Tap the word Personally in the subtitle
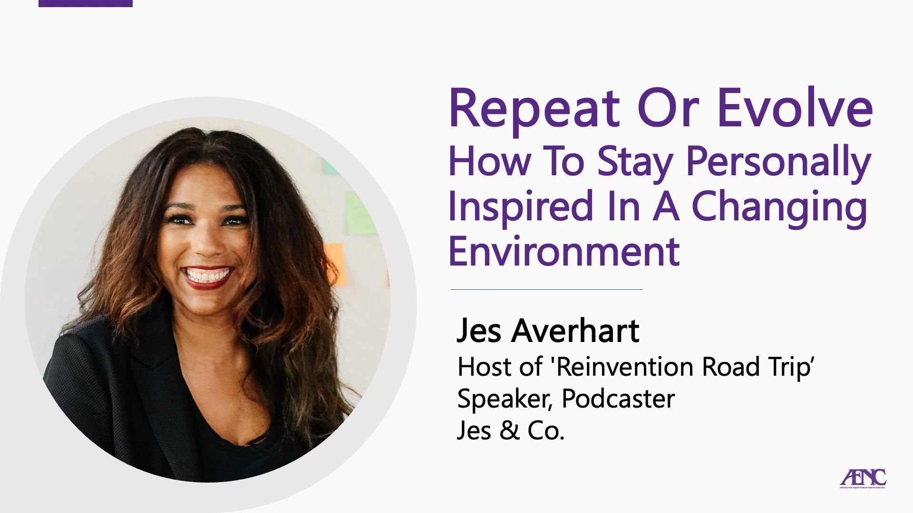click(x=778, y=162)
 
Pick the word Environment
click(x=563, y=251)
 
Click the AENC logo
click(x=863, y=478)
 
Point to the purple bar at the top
click(x=86, y=3)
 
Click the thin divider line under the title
click(x=546, y=289)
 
